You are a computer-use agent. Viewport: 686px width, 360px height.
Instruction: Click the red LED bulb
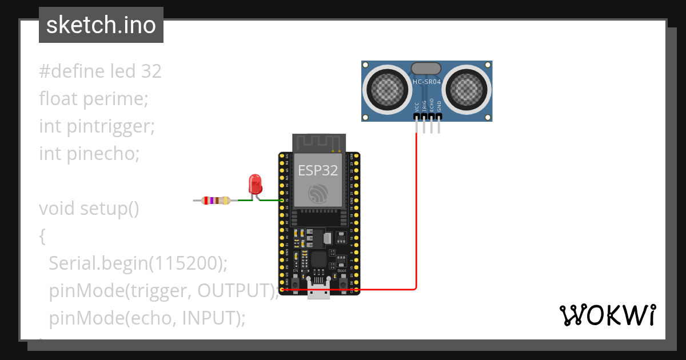tap(255, 184)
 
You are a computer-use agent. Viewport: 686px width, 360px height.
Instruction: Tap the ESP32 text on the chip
tap(317, 170)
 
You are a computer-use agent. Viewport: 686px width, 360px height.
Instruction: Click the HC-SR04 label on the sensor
tap(426, 82)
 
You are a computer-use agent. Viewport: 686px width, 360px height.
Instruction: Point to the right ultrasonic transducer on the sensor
tap(468, 87)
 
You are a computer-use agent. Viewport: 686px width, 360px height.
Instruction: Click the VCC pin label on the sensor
tap(417, 106)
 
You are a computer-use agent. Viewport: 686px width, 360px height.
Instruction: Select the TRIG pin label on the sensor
tap(424, 106)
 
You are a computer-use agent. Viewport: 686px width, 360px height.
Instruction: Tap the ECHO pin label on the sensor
tap(432, 106)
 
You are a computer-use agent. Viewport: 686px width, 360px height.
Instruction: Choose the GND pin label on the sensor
tap(439, 106)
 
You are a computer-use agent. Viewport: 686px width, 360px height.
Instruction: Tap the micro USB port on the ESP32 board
tap(318, 290)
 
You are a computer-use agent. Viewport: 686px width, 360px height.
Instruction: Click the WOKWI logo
tap(607, 315)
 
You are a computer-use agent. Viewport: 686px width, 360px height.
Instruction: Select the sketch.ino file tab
tap(101, 25)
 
